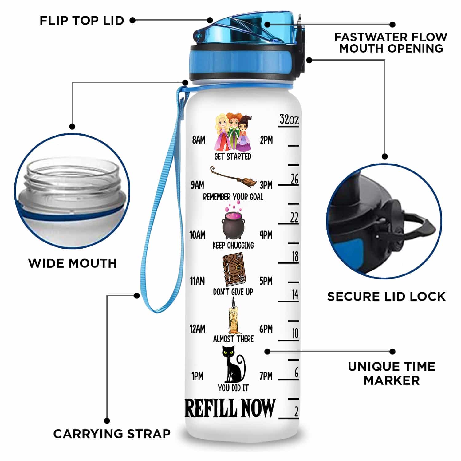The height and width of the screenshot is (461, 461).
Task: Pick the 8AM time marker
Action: [199, 140]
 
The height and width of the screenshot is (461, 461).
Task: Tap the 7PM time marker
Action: [266, 376]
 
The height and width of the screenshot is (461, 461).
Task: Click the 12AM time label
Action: [197, 329]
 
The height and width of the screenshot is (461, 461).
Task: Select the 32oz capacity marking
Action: [289, 120]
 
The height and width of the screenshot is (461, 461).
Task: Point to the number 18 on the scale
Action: [295, 256]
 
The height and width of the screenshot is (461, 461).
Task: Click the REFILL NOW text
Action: [230, 408]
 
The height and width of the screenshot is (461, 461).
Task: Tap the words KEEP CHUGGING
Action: [233, 245]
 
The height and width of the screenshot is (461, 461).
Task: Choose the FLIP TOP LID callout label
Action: [82, 21]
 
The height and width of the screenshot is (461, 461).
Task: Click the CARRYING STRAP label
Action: [112, 434]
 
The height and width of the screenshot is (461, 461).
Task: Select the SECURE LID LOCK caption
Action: [386, 297]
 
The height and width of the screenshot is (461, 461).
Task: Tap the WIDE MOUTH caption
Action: [73, 263]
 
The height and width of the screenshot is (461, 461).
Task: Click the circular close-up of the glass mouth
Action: [73, 191]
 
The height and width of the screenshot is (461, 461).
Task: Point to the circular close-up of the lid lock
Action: [384, 221]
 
